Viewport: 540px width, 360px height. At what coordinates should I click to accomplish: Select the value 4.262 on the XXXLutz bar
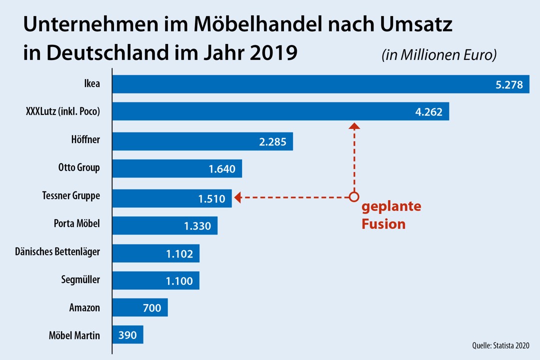[428, 112]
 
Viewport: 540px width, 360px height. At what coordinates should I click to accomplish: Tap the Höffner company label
[85, 140]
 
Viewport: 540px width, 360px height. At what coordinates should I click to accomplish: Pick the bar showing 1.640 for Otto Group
[177, 169]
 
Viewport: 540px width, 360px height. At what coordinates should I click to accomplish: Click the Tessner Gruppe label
[71, 196]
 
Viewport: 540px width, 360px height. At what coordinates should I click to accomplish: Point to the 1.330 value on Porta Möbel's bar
[197, 226]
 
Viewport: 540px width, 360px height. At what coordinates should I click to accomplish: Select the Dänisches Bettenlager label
[57, 252]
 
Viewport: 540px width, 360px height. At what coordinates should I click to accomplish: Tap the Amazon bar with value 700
[140, 308]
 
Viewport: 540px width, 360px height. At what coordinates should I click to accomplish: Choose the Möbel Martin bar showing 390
[127, 335]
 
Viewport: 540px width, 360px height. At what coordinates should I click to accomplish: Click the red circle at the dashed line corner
[354, 197]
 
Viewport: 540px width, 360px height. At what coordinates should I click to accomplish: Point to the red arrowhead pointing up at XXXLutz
[354, 126]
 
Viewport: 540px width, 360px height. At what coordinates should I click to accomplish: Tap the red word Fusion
[383, 224]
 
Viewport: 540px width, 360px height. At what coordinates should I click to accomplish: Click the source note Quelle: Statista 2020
[500, 345]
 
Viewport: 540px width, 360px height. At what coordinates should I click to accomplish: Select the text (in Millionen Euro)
[439, 55]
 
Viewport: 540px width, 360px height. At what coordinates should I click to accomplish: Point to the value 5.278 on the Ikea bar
[509, 85]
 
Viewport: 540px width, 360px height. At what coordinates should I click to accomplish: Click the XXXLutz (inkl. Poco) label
[63, 112]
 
